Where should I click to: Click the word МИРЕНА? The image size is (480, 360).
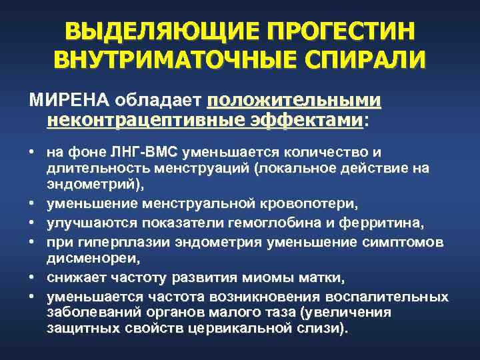point(69,101)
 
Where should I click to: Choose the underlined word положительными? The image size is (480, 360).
point(294,101)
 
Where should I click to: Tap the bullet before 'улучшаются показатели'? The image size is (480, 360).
point(32,219)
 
